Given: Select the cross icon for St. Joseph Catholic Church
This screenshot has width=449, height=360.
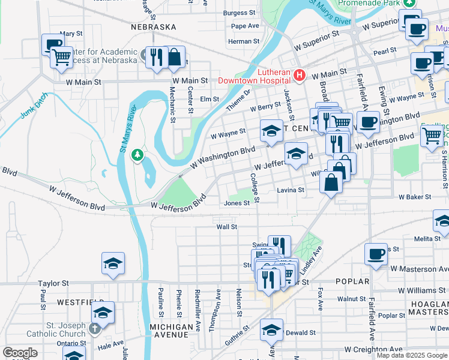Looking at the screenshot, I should (x=94, y=329).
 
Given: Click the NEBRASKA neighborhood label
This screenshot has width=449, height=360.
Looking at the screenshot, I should (x=154, y=27).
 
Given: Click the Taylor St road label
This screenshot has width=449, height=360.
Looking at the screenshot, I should (x=55, y=283).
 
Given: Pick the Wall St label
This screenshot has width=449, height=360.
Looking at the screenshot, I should (x=227, y=227).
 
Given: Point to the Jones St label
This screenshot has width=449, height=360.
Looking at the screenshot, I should (x=237, y=203).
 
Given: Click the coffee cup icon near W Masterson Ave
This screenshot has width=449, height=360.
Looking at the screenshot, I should (x=376, y=254).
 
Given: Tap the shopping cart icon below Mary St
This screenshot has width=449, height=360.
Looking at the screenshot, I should (x=61, y=58).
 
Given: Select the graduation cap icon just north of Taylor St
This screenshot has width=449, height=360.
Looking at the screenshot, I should (x=113, y=264).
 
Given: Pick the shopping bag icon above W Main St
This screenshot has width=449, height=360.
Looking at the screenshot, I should (x=173, y=58).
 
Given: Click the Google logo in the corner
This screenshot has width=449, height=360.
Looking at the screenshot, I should (x=20, y=353).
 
